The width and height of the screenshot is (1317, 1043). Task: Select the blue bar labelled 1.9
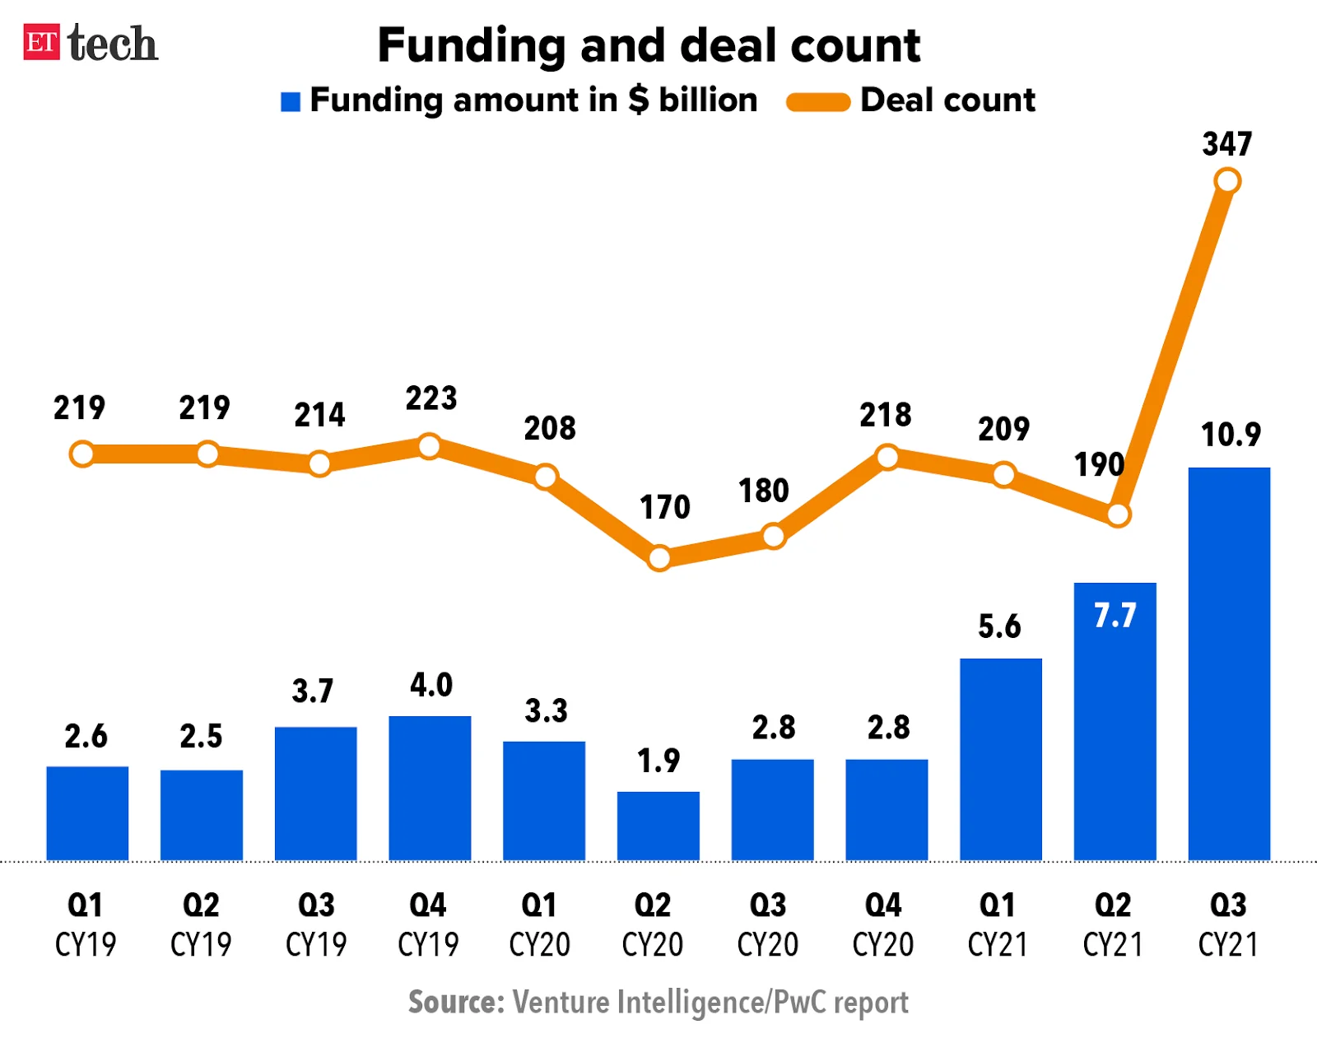(658, 826)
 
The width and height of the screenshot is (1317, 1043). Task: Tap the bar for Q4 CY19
(430, 788)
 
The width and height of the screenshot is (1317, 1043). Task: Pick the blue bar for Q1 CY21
(1000, 759)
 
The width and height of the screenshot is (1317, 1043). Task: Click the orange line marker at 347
(1227, 181)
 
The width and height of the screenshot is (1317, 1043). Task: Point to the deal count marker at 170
(659, 558)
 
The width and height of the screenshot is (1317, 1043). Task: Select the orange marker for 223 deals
(430, 447)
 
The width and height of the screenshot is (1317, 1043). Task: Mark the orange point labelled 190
(1118, 515)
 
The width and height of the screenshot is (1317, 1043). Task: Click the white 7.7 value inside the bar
(1115, 616)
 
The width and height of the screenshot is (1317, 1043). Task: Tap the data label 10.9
(1231, 435)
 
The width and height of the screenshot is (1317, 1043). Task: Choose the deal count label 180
(764, 491)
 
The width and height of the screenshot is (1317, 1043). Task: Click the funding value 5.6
(999, 627)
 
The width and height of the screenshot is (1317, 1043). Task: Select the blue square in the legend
(291, 101)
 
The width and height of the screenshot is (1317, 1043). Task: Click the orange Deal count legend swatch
(817, 102)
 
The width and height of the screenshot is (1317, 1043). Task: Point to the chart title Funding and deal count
(649, 45)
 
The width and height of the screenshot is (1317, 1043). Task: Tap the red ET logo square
(41, 43)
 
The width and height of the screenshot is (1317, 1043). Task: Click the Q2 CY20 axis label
(653, 924)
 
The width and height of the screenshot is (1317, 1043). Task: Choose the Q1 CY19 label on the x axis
(86, 924)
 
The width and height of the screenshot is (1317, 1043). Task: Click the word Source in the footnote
(455, 1003)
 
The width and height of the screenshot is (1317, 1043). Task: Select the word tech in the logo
(113, 44)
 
